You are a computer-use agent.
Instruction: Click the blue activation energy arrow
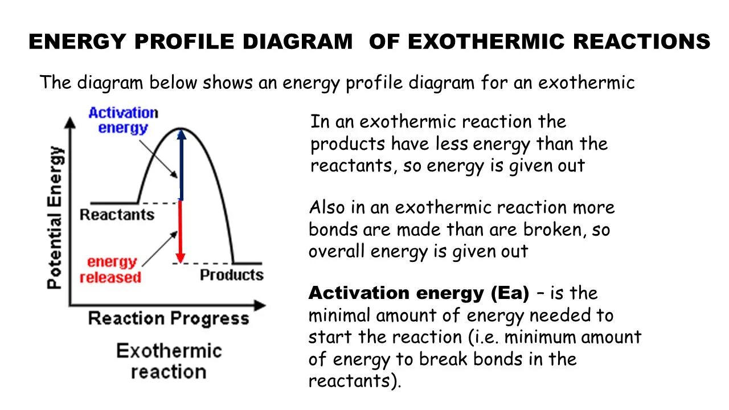tap(181, 165)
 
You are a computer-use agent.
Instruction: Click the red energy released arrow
tap(181, 231)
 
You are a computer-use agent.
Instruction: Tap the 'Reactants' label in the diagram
tap(117, 215)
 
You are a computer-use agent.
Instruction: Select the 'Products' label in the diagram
tap(231, 275)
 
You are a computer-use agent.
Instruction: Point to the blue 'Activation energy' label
tap(123, 120)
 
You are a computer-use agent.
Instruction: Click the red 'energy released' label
tap(111, 270)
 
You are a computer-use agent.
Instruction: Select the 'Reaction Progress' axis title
tap(169, 318)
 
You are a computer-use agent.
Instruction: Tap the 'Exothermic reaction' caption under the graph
tap(169, 361)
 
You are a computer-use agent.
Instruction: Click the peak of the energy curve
tap(180, 129)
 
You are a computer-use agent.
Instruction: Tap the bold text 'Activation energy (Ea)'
tap(419, 293)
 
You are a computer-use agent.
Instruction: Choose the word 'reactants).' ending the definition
tap(355, 381)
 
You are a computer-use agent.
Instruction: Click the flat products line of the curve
tap(248, 263)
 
